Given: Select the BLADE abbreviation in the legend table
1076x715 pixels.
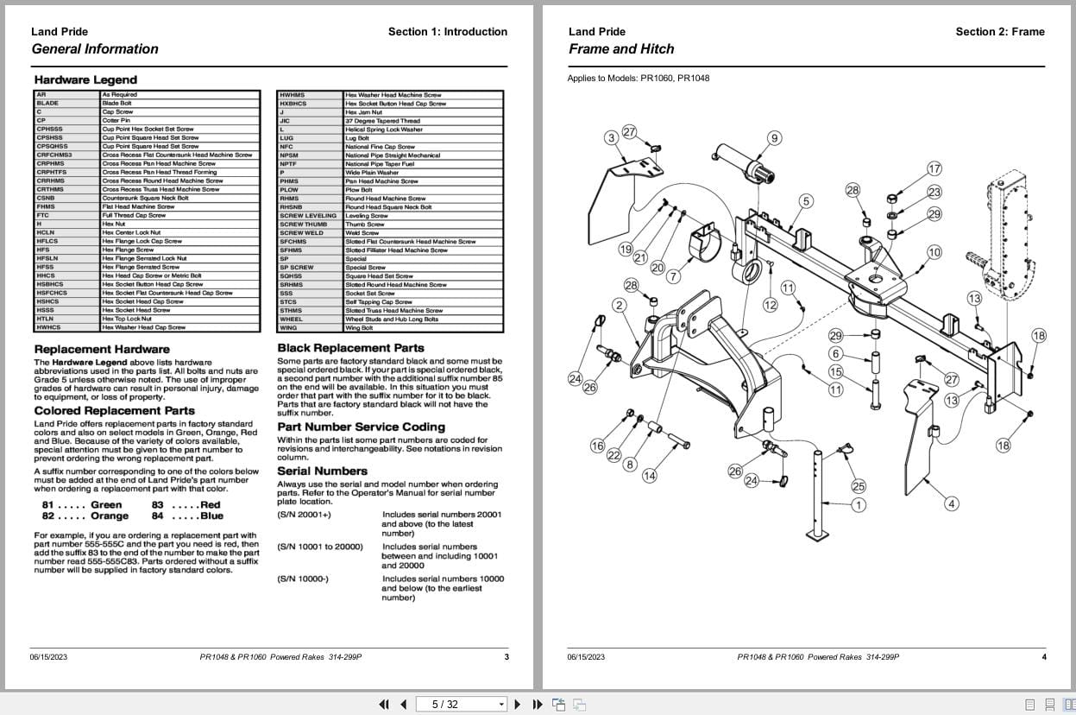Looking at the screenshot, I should tap(47, 103).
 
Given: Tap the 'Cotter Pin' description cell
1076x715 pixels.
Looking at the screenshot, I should tap(116, 120).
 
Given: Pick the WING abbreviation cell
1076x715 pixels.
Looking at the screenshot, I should tap(287, 328).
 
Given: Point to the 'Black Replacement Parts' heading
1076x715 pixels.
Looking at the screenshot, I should tap(350, 348).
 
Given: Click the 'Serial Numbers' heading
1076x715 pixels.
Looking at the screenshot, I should tap(322, 471).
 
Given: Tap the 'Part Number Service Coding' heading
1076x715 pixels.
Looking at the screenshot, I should tap(361, 427).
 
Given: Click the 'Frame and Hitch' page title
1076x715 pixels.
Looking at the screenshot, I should tap(621, 49).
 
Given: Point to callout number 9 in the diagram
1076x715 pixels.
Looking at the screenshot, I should tap(774, 138).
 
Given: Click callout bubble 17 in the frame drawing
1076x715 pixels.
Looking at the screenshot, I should tap(934, 168).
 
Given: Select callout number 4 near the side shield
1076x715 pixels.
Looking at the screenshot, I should tap(951, 504).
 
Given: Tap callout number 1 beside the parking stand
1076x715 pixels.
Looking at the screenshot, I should tap(858, 504).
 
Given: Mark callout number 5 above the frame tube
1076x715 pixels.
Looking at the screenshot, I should tap(805, 201).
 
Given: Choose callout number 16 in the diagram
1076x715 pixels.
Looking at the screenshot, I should tap(597, 446).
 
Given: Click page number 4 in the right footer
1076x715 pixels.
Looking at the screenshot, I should tap(1043, 657).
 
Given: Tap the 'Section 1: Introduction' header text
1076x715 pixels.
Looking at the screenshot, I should tap(447, 32).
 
